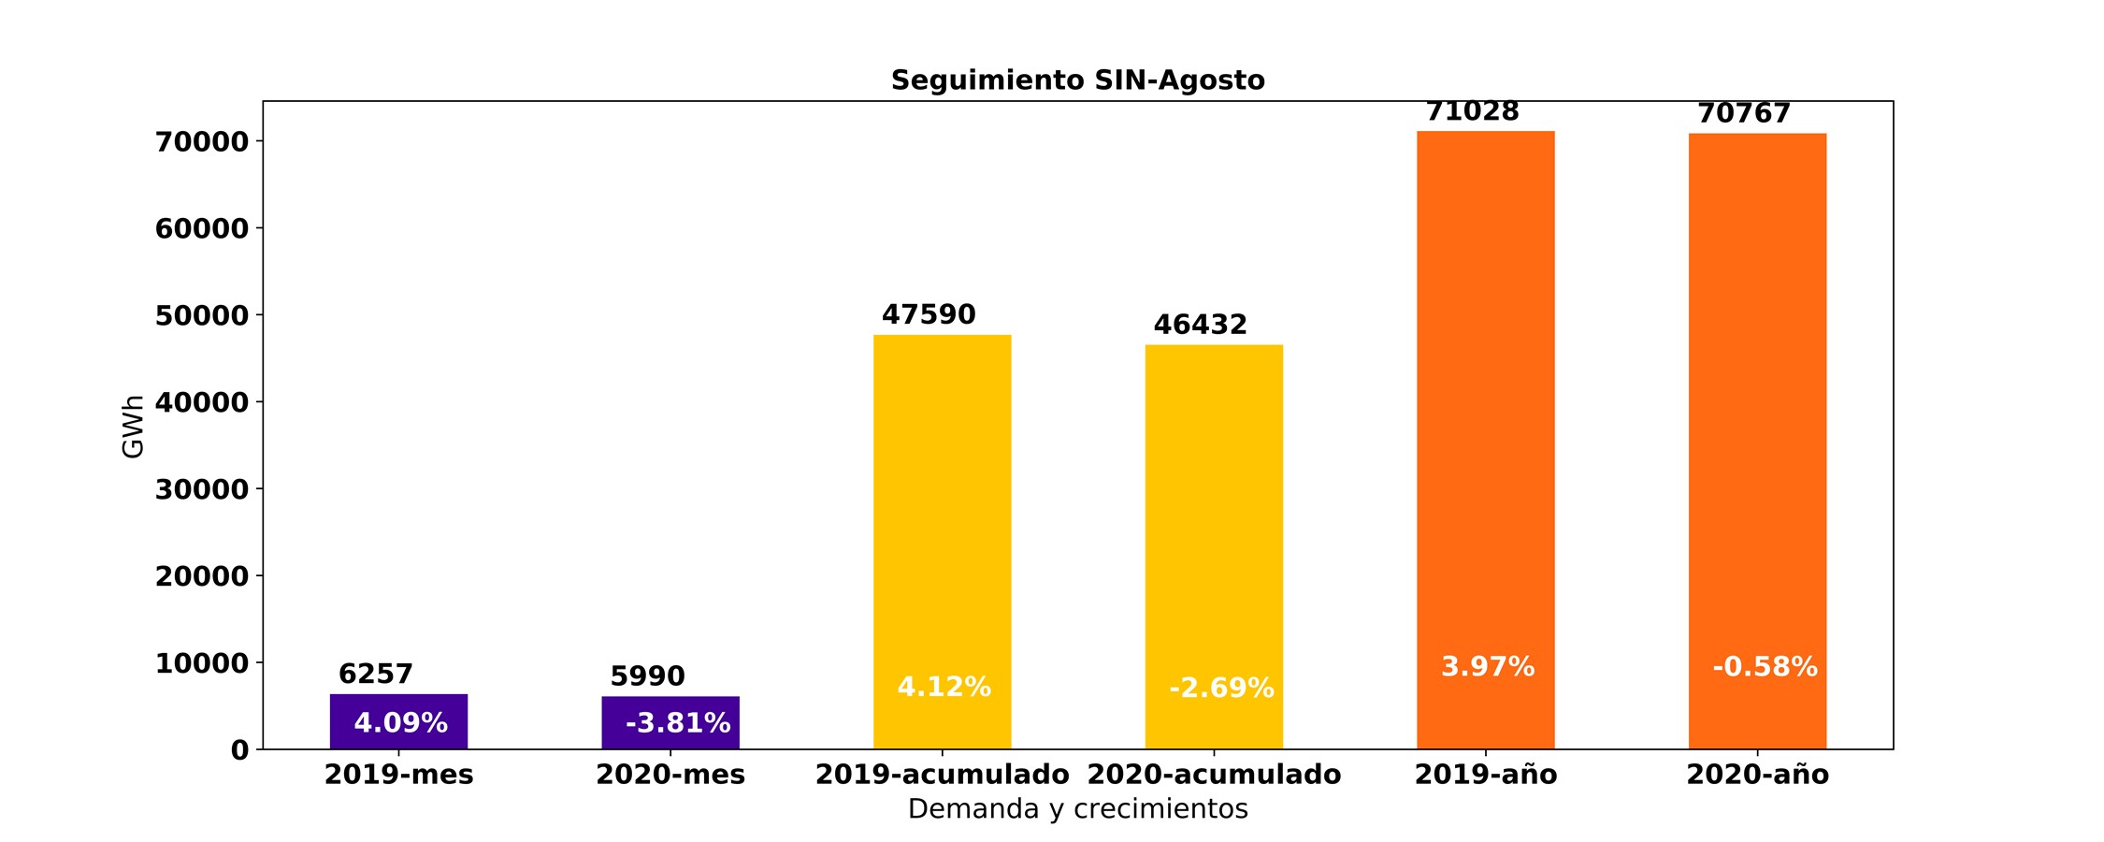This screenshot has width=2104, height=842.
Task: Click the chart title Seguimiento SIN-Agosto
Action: pyautogui.click(x=1077, y=80)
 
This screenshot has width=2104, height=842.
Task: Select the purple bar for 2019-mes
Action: pyautogui.click(x=398, y=721)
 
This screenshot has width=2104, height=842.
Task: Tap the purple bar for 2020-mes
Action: pyautogui.click(x=670, y=722)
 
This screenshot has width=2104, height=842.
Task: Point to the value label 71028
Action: pyautogui.click(x=1473, y=112)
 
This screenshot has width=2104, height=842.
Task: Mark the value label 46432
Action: pyautogui.click(x=1201, y=326)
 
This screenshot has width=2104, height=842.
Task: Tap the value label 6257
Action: pyautogui.click(x=376, y=675)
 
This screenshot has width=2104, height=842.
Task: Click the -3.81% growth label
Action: pyautogui.click(x=678, y=723)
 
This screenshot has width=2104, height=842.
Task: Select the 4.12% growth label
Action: pyautogui.click(x=944, y=688)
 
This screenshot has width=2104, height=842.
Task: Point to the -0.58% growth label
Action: pyautogui.click(x=1765, y=667)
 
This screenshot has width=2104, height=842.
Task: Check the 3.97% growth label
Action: pyautogui.click(x=1488, y=667)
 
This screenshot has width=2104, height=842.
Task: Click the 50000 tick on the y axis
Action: pyautogui.click(x=202, y=316)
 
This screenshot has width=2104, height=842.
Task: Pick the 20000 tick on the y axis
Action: pyautogui.click(x=202, y=576)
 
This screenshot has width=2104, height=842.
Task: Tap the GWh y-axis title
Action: pyautogui.click(x=133, y=427)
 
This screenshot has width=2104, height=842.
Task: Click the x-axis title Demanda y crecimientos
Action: pyautogui.click(x=1077, y=809)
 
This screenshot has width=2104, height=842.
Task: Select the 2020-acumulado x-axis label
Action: pyautogui.click(x=1214, y=776)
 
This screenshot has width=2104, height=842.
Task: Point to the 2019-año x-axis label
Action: pyautogui.click(x=1485, y=776)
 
